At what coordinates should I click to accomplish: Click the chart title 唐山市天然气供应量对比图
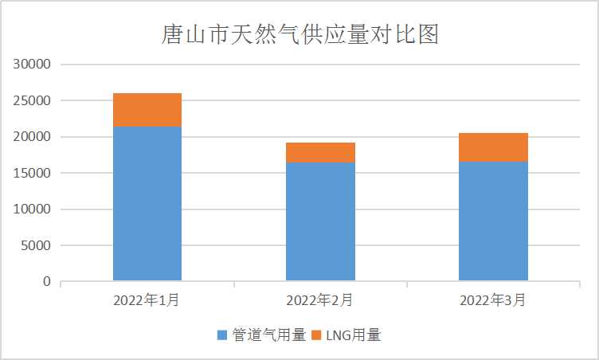point(299,35)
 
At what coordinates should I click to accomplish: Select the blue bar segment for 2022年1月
point(147,203)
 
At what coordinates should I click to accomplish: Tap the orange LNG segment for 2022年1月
point(147,110)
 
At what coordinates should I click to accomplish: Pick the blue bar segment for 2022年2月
point(320,221)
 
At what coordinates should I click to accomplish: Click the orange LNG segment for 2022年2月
point(320,152)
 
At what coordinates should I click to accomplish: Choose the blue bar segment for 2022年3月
point(493,221)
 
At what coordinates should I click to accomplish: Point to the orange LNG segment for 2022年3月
point(493,147)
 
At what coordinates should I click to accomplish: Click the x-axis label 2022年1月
point(147,300)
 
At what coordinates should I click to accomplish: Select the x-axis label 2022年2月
point(319,300)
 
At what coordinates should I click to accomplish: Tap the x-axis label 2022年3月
point(492,300)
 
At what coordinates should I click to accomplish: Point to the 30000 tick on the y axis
point(32,65)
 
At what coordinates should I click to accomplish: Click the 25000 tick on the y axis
point(32,101)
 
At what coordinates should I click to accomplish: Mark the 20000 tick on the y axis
point(32,137)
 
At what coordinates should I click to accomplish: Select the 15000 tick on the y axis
point(32,173)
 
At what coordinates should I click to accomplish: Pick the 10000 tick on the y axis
point(32,209)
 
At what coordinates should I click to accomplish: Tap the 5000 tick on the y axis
point(35,245)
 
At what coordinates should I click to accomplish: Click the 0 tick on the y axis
point(47,281)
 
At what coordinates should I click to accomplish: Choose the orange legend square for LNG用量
point(315,335)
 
